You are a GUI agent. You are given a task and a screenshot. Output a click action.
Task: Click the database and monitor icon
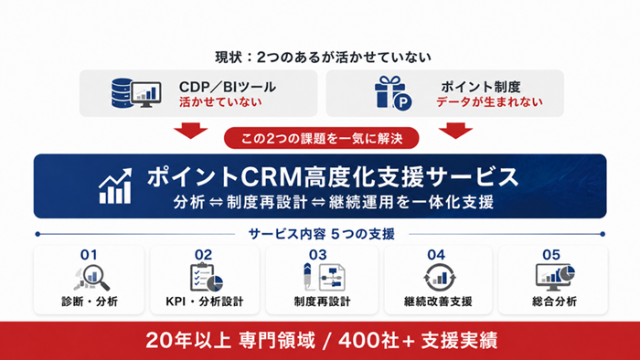point(136,93)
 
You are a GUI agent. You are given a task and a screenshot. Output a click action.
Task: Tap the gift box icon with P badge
point(393,93)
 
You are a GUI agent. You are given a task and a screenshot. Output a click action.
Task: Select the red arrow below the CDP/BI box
point(190,131)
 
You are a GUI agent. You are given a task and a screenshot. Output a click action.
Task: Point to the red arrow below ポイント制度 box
point(455,131)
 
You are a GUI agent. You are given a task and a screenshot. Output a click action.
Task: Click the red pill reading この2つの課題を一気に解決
point(322,138)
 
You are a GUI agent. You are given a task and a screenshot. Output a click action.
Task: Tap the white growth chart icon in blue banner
point(115,185)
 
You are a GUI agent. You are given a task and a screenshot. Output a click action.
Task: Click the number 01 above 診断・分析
point(89,255)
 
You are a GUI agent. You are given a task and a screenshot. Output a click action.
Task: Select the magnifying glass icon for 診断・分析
point(92,278)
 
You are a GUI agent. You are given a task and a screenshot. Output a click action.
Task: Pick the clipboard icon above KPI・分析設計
point(207,278)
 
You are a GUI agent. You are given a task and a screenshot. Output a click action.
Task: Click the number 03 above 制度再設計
point(318,255)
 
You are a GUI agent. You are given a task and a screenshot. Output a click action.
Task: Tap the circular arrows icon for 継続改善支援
point(439,278)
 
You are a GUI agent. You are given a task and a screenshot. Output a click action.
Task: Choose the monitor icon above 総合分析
point(555,277)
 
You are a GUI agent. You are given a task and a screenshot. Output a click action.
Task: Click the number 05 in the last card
point(551,255)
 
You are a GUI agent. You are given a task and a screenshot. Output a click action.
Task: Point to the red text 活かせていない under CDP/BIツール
point(220,102)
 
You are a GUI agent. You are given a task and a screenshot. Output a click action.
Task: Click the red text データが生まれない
point(489,102)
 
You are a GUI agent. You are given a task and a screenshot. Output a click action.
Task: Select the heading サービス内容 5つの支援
point(322,234)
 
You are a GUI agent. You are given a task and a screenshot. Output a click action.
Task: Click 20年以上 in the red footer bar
point(188,341)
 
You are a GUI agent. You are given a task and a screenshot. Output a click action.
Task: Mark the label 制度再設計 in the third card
point(322,302)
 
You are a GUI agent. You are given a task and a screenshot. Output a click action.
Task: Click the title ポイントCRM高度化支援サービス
point(333,177)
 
